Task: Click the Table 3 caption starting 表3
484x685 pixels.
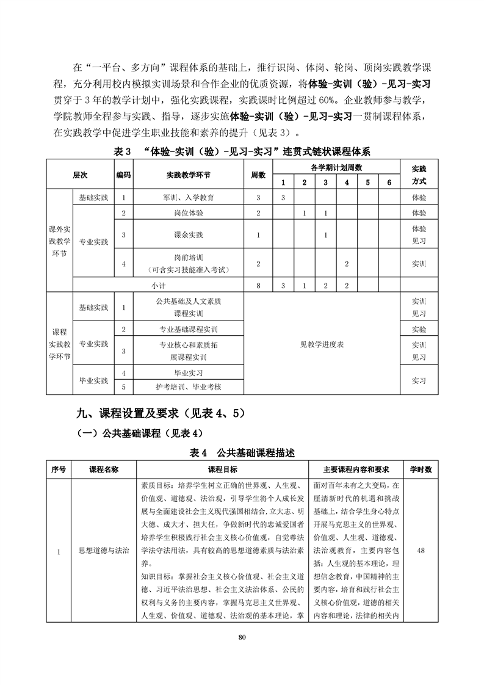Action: coord(242,151)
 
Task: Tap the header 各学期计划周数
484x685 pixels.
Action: coord(336,167)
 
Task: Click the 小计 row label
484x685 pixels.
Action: coord(158,285)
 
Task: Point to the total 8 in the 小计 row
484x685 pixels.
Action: coord(259,285)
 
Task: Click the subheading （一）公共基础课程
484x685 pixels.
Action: coord(137,433)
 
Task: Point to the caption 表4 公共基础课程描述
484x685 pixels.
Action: coord(242,453)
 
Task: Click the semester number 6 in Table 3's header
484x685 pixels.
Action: coord(388,182)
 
